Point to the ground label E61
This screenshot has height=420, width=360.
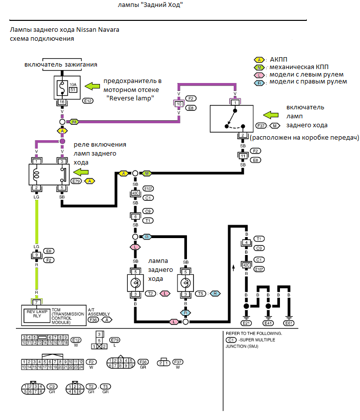[x=290, y=323]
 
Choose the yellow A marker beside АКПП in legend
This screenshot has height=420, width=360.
[x=259, y=59]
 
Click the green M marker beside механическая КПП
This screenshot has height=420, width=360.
[x=259, y=67]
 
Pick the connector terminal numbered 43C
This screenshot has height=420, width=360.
[x=135, y=193]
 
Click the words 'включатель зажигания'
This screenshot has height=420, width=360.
[x=61, y=65]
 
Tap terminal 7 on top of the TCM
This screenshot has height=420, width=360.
[x=36, y=302]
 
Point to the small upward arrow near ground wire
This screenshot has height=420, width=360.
[x=233, y=269]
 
